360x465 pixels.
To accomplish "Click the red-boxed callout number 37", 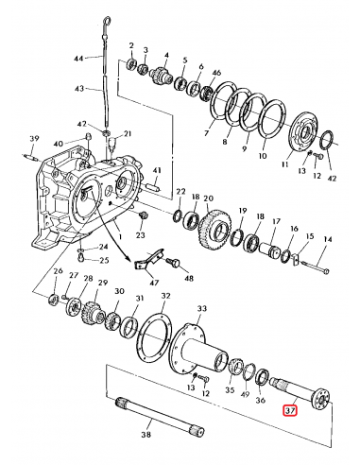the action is pos(290,410).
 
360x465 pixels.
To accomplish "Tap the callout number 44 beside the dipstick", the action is pos(78,59).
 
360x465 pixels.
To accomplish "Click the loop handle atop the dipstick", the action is pos(107,23).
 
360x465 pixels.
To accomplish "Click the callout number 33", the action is pos(201,308).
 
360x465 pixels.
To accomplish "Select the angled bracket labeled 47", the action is pos(150,258).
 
